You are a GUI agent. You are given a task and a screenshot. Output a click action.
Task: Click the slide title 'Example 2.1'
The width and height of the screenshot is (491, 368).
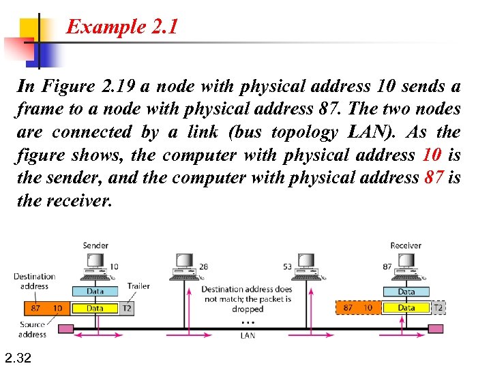coord(122,27)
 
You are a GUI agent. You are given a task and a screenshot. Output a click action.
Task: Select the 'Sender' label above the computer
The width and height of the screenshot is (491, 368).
coord(95,245)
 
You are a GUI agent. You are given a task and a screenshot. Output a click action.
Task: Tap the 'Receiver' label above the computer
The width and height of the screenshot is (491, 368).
coord(405,245)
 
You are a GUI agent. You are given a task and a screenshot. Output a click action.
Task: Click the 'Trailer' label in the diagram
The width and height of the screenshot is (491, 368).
coord(138,286)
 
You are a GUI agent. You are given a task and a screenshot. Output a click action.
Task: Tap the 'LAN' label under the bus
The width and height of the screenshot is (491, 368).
coord(248,335)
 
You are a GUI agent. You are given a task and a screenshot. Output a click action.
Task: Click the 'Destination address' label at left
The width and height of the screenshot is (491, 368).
coord(34,281)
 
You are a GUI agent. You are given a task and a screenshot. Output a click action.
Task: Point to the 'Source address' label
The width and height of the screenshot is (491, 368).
coord(32,330)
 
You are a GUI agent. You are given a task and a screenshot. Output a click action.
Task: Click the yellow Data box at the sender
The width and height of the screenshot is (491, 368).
coord(95,308)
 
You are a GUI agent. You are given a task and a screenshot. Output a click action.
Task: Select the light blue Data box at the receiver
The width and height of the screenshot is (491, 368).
coord(406,292)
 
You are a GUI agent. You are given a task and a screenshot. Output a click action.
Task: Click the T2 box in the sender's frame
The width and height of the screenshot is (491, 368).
coord(126,308)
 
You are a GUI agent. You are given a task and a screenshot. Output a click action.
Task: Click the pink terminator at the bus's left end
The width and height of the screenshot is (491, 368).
coord(65,328)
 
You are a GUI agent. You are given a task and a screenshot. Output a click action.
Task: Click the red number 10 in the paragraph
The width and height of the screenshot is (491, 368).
coord(432,155)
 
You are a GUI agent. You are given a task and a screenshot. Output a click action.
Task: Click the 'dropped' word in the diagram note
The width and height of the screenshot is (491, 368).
coord(247,309)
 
